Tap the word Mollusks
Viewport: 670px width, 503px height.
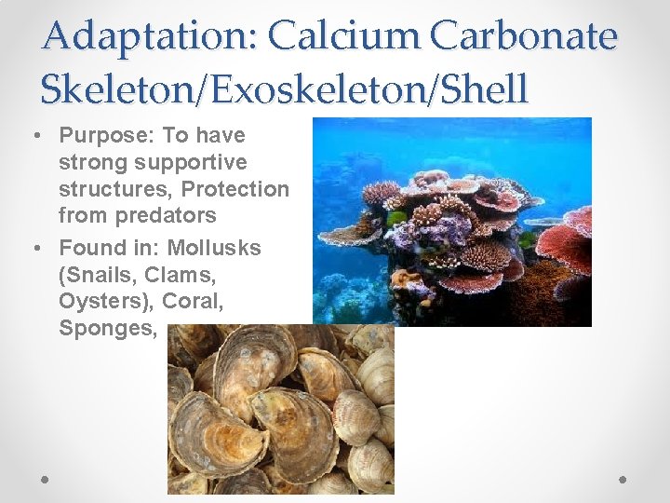215,248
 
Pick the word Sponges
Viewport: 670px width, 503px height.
103,328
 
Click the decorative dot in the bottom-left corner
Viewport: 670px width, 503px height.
47,479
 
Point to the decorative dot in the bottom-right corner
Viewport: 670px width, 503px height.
623,479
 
